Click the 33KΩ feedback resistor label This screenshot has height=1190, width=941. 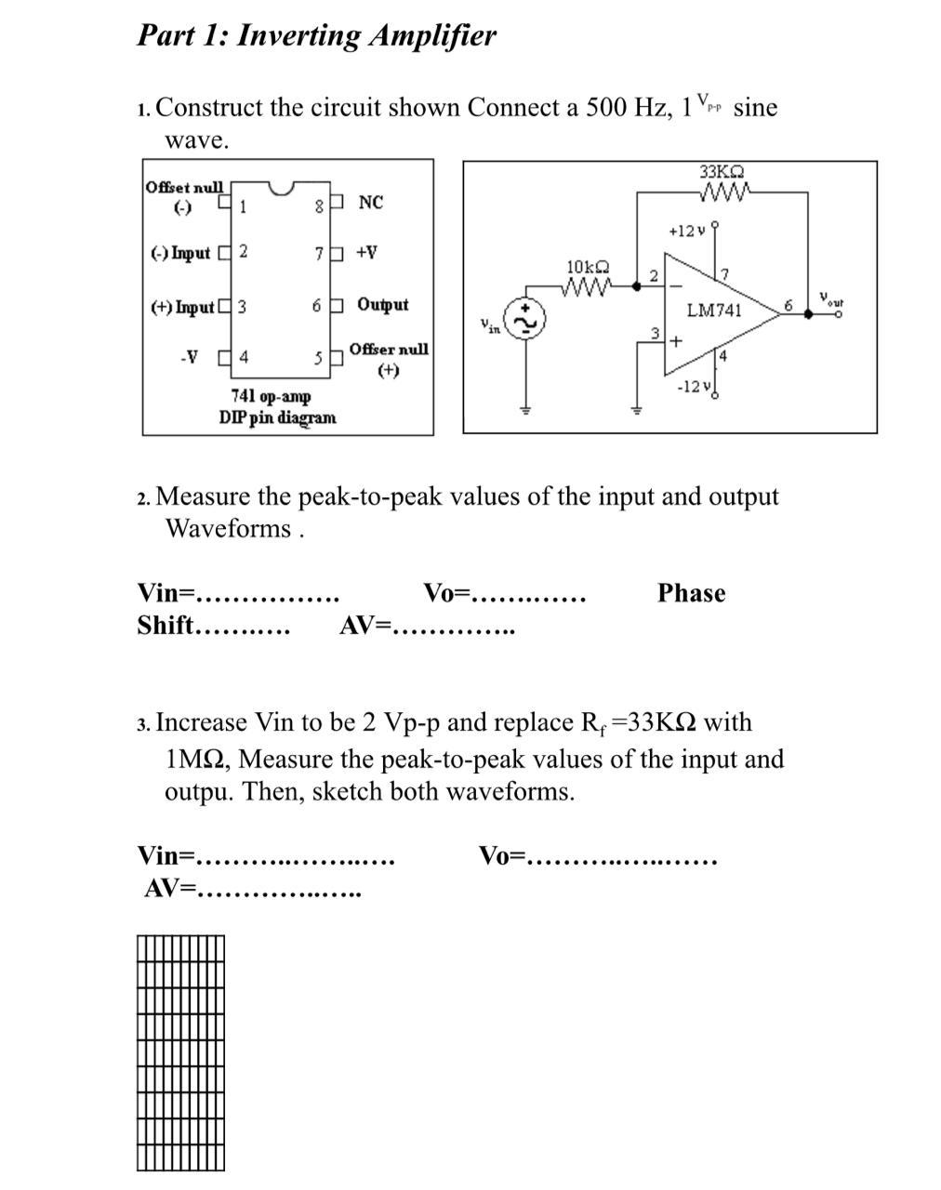722,172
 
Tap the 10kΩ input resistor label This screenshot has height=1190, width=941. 587,268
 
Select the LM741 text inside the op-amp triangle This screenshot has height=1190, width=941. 714,311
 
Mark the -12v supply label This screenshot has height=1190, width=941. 694,386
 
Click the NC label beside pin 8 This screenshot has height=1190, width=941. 370,203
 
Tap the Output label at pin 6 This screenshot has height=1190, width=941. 382,305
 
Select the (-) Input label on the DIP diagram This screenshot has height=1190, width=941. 180,253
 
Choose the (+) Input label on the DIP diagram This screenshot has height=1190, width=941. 182,307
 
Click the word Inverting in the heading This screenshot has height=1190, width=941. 298,35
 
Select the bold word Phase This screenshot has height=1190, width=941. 691,593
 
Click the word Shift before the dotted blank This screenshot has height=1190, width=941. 165,626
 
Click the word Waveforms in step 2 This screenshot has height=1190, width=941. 228,529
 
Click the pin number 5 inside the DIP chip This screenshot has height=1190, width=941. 318,357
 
